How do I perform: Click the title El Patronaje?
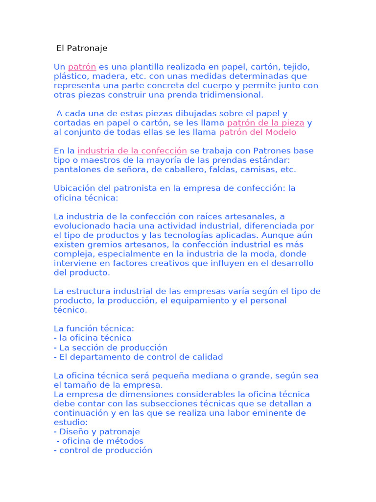[82, 48]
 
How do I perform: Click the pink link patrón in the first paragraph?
[82, 67]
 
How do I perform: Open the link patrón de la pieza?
[265, 123]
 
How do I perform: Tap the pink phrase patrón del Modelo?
[258, 132]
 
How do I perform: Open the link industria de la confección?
[132, 151]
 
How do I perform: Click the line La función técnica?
[94, 328]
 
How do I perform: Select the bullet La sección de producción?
[113, 347]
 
